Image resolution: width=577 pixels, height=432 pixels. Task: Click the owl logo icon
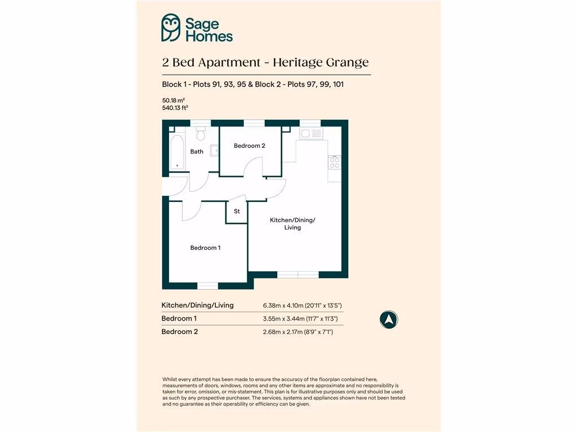[171, 28]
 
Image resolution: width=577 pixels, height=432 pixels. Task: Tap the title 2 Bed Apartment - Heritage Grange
[265, 62]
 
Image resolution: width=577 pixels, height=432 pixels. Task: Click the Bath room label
[197, 151]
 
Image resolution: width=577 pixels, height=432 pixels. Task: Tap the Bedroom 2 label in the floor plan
[249, 146]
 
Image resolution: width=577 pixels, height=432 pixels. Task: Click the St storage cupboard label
[237, 211]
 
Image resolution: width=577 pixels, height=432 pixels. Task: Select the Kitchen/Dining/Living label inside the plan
[292, 223]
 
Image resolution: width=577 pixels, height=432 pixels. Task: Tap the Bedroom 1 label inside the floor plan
[205, 247]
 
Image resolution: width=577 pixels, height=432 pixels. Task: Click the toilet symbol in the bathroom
[201, 134]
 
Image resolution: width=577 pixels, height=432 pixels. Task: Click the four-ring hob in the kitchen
[334, 163]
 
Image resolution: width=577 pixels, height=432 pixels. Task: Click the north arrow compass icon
[388, 319]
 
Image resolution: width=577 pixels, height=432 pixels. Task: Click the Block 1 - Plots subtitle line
[252, 84]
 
